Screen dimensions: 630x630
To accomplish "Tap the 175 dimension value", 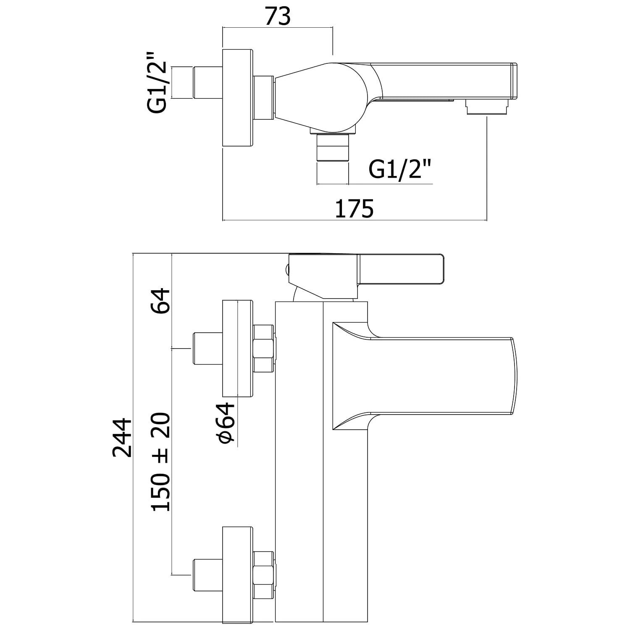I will [x=354, y=209].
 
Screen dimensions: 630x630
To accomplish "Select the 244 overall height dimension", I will [x=123, y=437].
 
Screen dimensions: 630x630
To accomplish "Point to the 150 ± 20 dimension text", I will [x=161, y=462].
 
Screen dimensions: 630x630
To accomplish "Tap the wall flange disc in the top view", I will [x=238, y=99].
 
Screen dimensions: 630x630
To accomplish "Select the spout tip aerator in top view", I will [x=487, y=107].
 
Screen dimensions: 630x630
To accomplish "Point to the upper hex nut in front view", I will [x=264, y=348].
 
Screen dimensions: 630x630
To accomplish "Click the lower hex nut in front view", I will [x=264, y=574].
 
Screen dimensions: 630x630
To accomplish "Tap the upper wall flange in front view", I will [x=238, y=348].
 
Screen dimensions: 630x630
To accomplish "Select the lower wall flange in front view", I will [x=238, y=574].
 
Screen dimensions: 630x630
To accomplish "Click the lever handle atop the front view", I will [x=401, y=269].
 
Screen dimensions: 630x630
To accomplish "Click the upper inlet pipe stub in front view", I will [x=207, y=348].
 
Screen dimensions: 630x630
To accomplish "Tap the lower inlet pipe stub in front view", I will [x=207, y=574].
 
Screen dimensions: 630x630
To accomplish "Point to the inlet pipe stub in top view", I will [x=207, y=82].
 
